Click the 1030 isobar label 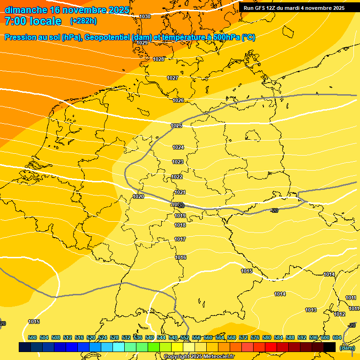coord(145,16)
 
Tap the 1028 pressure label coord(158,59)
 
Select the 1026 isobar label coord(178,100)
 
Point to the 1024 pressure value coord(178,147)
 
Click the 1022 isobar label coord(177,177)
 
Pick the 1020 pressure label coord(138,196)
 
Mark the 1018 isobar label coord(180,225)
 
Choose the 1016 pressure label coord(180,257)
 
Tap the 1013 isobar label coord(311,310)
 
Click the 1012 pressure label coord(340,314)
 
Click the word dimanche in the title coord(26,9)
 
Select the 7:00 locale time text coord(33,21)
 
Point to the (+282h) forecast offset coord(83,21)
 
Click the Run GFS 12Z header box coord(294,7)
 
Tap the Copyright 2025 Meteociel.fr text coord(199,356)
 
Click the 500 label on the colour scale coord(32,337)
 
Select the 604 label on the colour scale coord(337,337)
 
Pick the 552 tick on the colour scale coord(185,337)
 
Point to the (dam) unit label coord(347,347)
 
